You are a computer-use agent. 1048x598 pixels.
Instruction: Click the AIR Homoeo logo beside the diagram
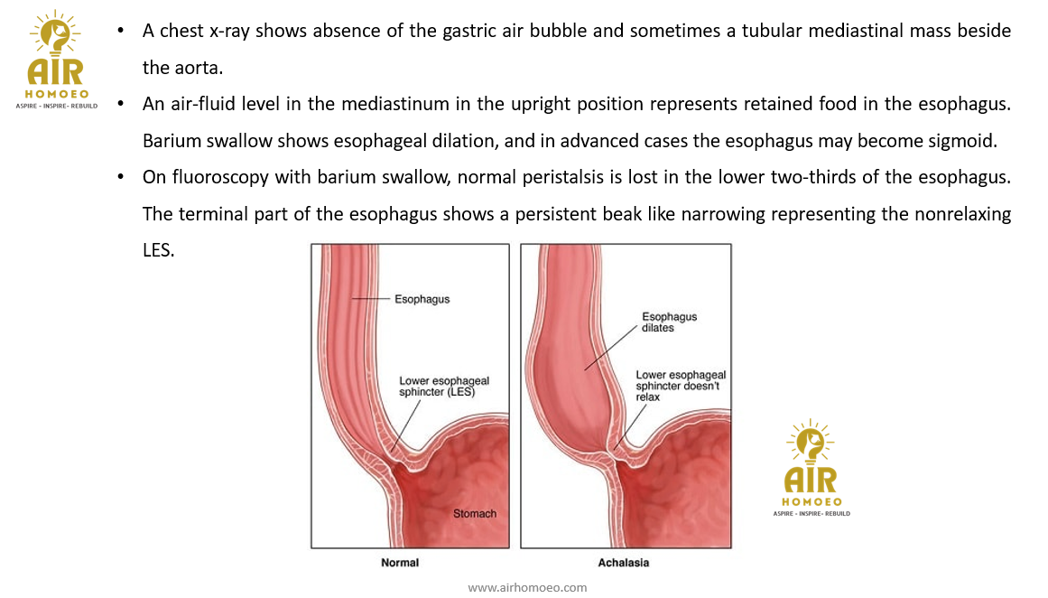(x=811, y=468)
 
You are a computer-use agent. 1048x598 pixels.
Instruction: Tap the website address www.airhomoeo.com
(x=527, y=587)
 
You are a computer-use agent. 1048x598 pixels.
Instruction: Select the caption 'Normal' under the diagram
(x=400, y=563)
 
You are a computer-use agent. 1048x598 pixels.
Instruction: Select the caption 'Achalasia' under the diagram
(x=623, y=563)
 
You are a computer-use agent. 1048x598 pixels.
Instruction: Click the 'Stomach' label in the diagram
(x=474, y=514)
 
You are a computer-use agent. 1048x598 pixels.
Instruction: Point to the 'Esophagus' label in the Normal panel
(x=422, y=299)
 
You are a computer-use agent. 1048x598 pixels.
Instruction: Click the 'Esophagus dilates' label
(x=669, y=322)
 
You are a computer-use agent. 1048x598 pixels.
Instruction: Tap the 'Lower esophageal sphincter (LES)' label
(x=444, y=387)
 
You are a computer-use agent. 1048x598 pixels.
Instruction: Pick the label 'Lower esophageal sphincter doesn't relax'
(x=681, y=386)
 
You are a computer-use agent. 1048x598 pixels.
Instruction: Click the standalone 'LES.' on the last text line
(x=158, y=251)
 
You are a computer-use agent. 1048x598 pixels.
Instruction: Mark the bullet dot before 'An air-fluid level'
(x=120, y=103)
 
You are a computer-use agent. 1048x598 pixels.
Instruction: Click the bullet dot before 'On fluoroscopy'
(x=120, y=177)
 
